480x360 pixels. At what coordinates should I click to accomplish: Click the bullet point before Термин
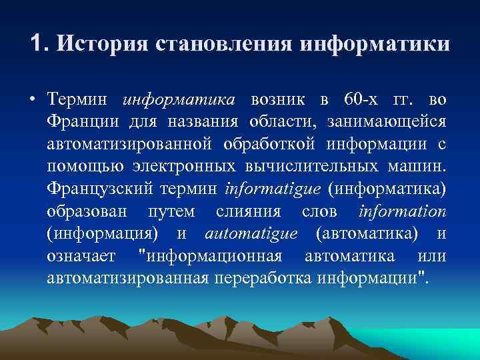click(33, 100)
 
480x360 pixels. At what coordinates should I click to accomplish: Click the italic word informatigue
click(273, 189)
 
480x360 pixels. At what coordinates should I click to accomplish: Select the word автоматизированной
click(130, 145)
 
